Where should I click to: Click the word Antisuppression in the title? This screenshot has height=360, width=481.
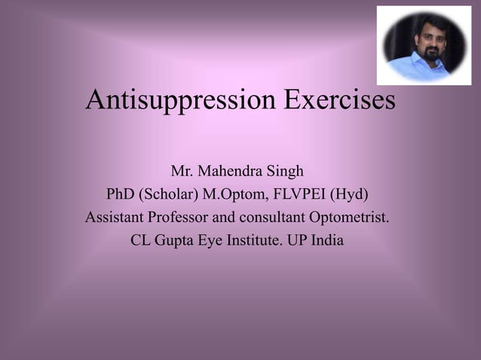tap(181, 99)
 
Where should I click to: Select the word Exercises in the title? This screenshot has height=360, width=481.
tap(339, 99)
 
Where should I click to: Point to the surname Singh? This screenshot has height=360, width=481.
tap(286, 171)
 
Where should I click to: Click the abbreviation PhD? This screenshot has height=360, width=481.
tap(120, 194)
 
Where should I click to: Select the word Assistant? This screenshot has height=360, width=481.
tap(115, 218)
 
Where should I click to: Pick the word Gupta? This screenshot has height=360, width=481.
tap(178, 243)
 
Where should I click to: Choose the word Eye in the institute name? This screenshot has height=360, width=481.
tap(218, 243)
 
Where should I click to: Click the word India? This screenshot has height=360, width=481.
tap(328, 243)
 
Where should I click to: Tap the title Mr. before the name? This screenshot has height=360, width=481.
tap(182, 171)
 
